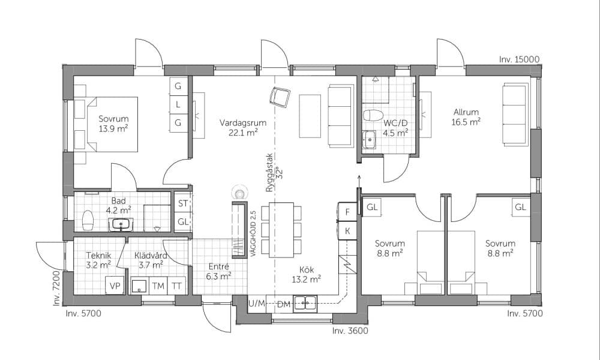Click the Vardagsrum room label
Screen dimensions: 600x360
[x=243, y=123]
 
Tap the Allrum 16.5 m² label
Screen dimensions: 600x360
[x=466, y=117]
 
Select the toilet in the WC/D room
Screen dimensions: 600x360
[x=373, y=115]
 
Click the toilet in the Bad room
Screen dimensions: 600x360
[x=88, y=220]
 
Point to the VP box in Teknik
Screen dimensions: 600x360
[x=115, y=286]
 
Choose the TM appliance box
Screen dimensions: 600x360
[x=158, y=286]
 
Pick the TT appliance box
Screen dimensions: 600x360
[x=176, y=286]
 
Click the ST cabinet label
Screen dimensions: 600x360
[x=183, y=203]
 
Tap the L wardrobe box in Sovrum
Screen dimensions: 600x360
[x=178, y=104]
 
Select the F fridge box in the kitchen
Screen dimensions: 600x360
[x=347, y=212]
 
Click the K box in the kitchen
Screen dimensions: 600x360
[x=347, y=230]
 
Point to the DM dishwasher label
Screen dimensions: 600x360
[x=284, y=305]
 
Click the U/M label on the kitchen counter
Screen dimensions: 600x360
[x=256, y=304]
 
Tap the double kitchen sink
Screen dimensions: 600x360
[x=305, y=304]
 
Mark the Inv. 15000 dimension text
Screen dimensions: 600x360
[x=519, y=59]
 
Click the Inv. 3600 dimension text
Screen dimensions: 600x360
[x=350, y=331]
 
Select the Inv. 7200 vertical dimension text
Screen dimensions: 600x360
[x=56, y=288]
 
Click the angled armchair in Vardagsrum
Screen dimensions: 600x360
[x=280, y=97]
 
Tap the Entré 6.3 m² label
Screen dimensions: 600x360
[x=218, y=271]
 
